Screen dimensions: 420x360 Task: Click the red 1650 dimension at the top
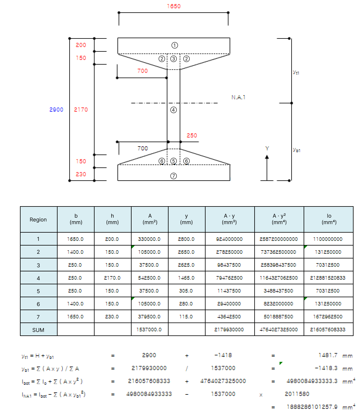point(174,6)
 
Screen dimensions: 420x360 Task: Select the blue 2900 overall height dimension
point(56,110)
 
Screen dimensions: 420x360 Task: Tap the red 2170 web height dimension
point(81,110)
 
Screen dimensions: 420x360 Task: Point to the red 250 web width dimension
point(192,135)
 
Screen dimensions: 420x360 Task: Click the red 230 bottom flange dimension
point(81,174)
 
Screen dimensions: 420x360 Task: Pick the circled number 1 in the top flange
point(174,45)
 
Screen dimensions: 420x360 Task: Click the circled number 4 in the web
point(174,110)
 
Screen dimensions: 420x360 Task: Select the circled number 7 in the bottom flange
point(174,176)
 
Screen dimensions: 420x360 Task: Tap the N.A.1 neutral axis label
point(238,97)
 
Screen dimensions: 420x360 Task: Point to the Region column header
point(38,220)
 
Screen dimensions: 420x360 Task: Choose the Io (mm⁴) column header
point(329,219)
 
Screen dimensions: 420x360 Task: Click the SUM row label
point(38,330)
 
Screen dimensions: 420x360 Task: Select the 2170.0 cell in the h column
point(112,278)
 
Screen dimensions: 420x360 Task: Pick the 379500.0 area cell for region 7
point(149,317)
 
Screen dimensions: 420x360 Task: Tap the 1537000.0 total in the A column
point(149,330)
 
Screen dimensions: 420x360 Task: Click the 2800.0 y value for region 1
point(186,239)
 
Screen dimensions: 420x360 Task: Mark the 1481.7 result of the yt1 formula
point(328,355)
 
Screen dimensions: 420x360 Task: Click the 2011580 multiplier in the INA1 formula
point(297,394)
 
